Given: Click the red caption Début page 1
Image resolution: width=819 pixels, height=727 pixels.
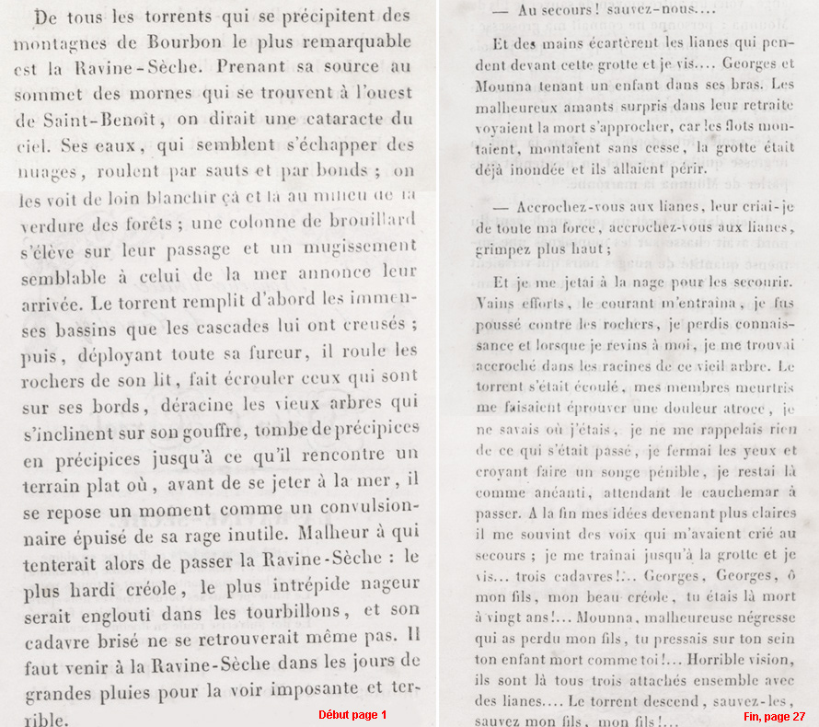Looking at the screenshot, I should tap(352, 715).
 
